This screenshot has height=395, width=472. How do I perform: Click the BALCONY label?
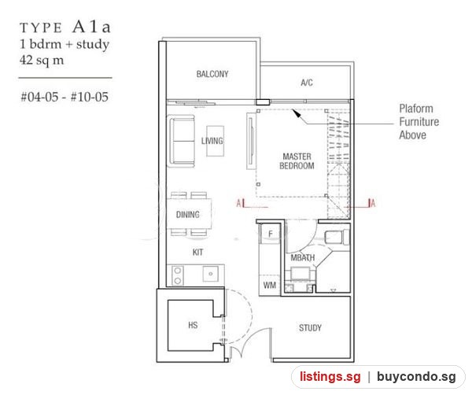[212, 74]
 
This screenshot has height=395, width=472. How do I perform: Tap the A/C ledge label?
[307, 83]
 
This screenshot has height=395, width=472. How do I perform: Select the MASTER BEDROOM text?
[297, 161]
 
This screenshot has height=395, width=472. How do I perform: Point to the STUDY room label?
[310, 327]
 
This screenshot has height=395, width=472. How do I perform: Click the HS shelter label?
[193, 325]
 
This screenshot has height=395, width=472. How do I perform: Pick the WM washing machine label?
[269, 285]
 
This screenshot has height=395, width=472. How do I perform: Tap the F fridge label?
[271, 234]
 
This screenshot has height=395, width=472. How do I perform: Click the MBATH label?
[303, 258]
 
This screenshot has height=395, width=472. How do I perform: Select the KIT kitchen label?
[197, 252]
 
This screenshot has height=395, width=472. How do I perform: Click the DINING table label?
[187, 214]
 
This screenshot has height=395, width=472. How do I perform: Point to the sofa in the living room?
[182, 141]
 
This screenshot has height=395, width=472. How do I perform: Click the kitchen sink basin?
[210, 274]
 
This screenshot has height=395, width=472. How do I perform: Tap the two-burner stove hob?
[178, 275]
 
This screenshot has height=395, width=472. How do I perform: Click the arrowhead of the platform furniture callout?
[297, 113]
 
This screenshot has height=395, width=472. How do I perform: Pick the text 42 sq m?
[42, 61]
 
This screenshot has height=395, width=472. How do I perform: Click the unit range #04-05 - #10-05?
[65, 97]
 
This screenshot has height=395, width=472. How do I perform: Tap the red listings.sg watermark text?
[330, 377]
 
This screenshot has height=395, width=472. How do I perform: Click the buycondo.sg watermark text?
[416, 377]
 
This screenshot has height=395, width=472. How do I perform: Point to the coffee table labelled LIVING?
[216, 141]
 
